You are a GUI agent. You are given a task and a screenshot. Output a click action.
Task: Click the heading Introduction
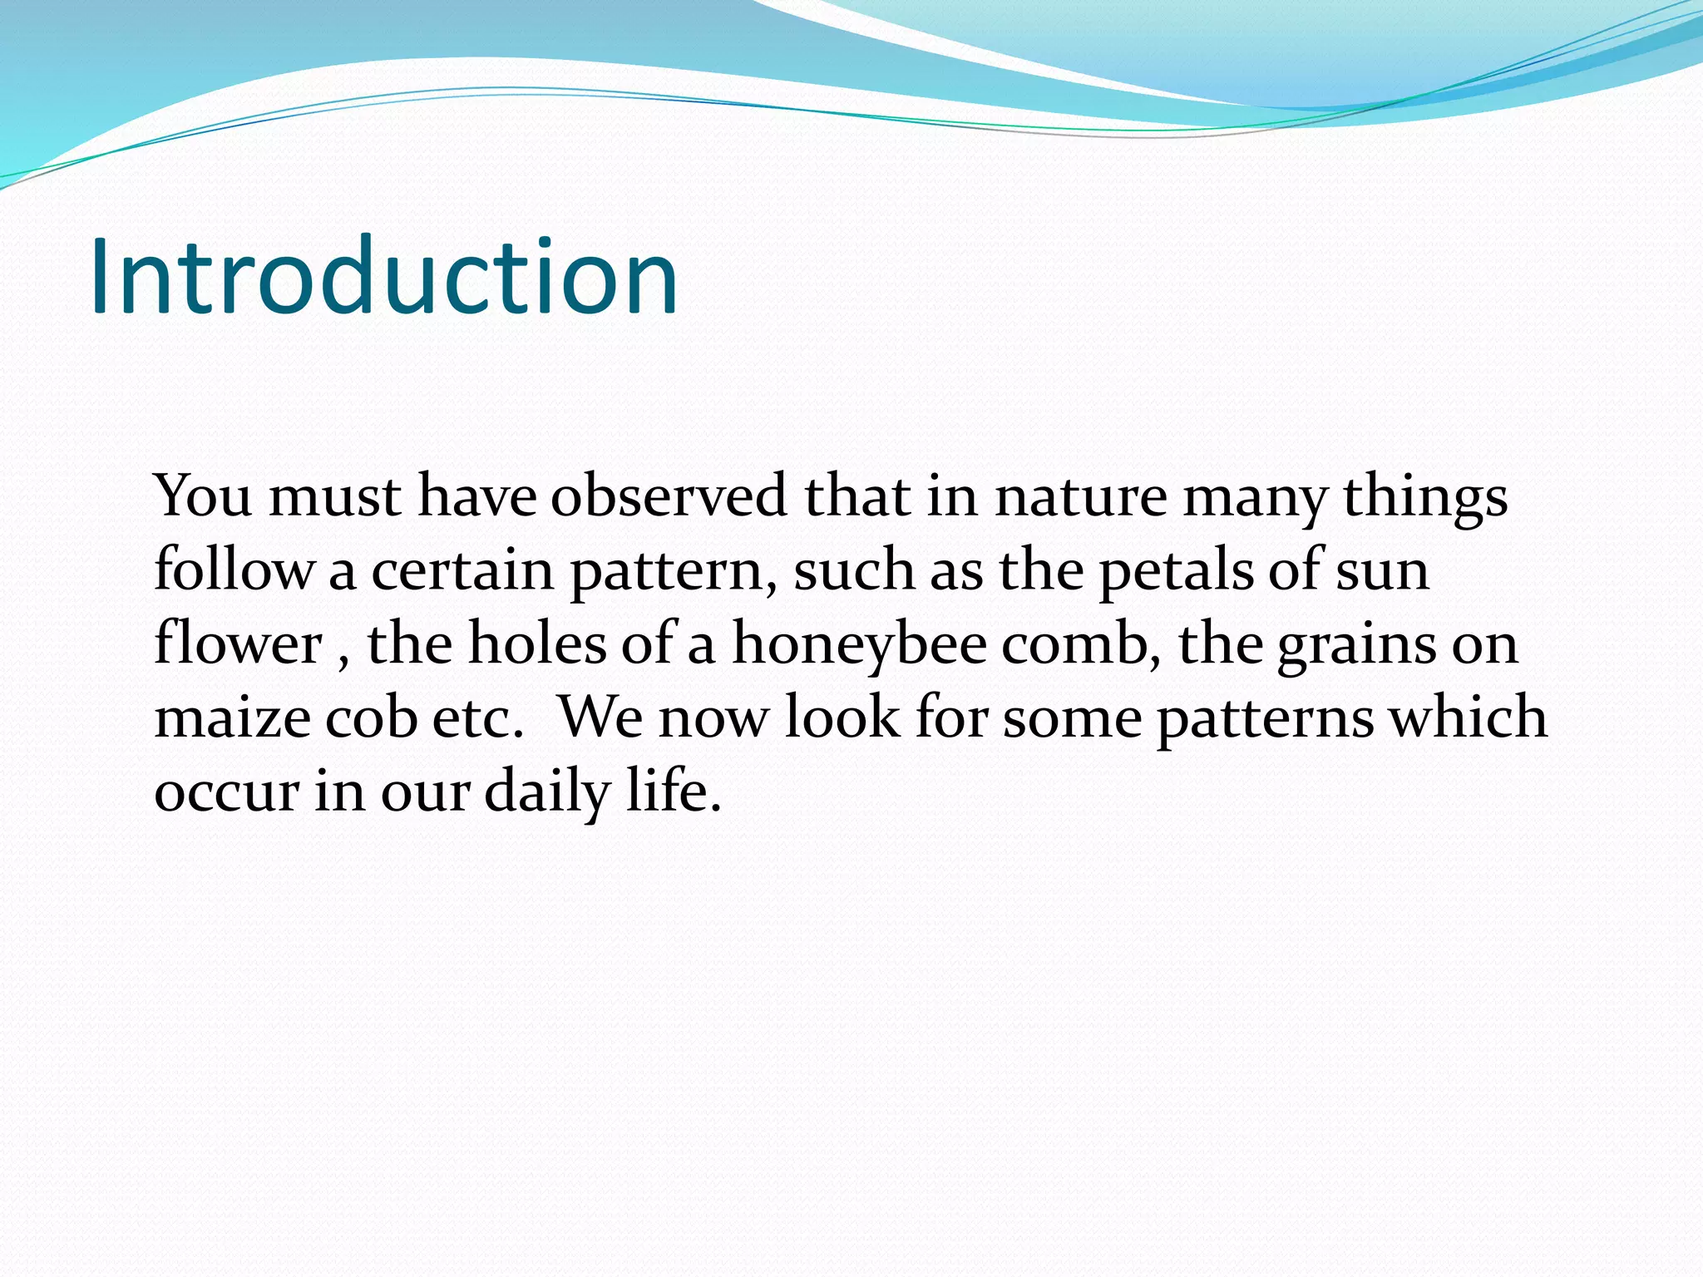tap(383, 276)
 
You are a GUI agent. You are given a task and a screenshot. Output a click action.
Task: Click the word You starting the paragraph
tap(203, 496)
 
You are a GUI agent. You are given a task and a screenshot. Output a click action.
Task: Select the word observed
tap(669, 496)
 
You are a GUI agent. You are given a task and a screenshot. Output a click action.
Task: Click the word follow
tap(234, 570)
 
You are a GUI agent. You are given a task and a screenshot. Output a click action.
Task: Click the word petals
tap(1176, 570)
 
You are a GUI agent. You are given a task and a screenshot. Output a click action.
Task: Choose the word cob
tap(371, 717)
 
